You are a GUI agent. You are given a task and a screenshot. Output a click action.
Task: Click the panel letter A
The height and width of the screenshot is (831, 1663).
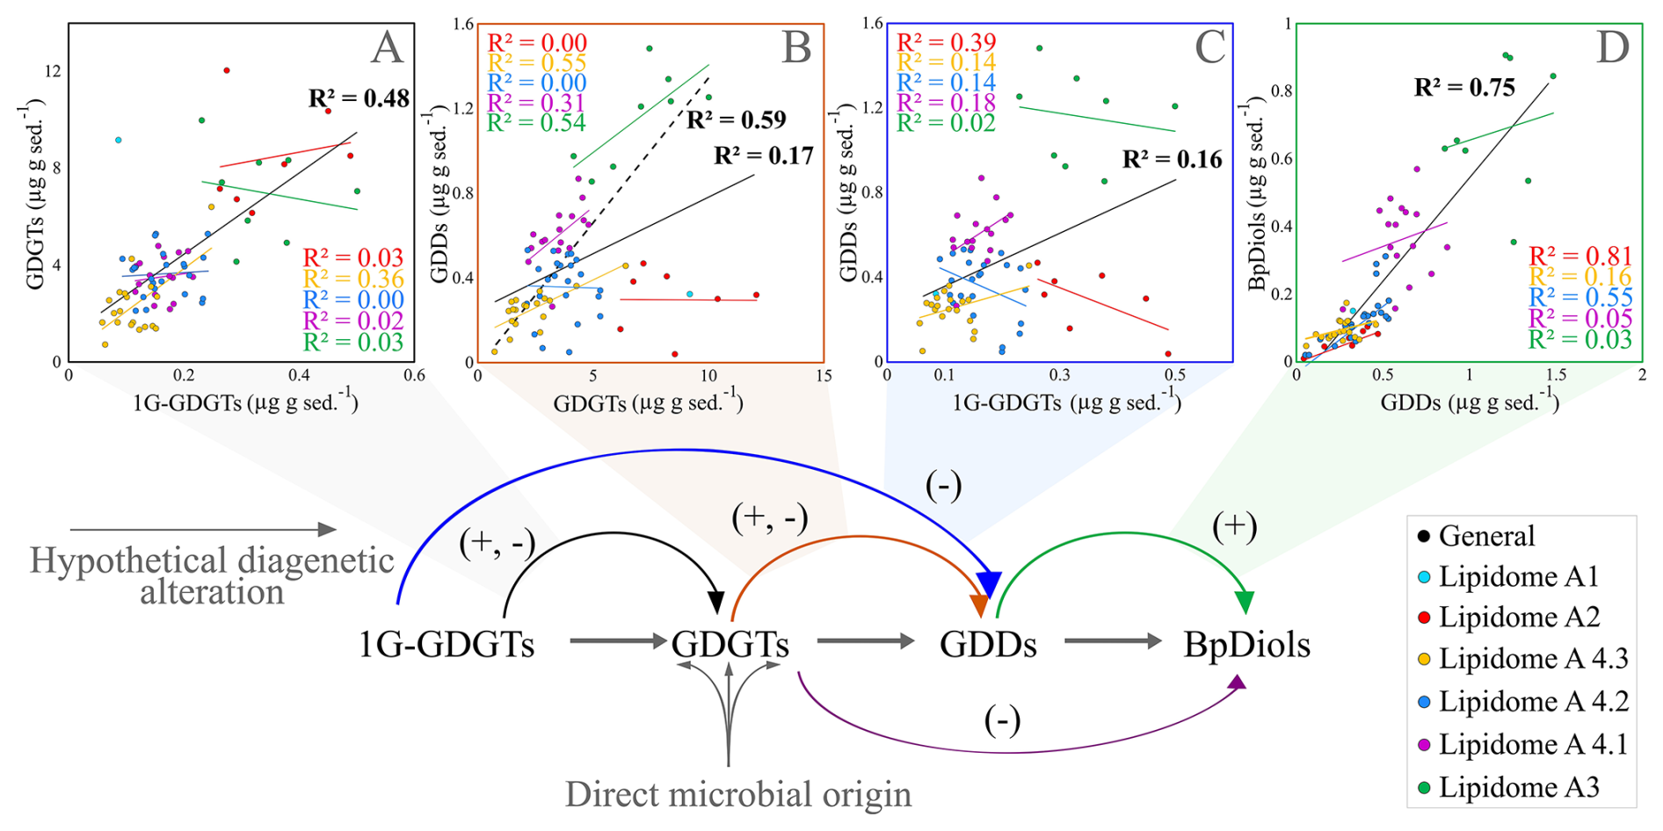click(387, 47)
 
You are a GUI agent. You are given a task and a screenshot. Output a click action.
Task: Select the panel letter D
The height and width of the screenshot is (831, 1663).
click(1613, 47)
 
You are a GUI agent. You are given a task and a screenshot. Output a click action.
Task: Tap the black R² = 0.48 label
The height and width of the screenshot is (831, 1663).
click(359, 98)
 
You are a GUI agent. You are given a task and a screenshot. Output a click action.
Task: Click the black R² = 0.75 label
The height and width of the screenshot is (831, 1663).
click(1464, 88)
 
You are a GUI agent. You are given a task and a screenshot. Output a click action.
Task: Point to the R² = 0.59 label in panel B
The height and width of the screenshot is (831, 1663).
click(737, 119)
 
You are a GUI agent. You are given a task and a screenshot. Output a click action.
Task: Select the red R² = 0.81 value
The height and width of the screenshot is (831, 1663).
click(1580, 257)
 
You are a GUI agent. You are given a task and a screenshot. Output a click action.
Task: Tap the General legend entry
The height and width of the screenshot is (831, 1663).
click(1486, 536)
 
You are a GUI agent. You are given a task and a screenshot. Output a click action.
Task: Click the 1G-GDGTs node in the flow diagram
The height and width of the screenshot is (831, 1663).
click(447, 646)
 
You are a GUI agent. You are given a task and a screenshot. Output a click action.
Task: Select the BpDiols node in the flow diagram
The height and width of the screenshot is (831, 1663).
click(1246, 646)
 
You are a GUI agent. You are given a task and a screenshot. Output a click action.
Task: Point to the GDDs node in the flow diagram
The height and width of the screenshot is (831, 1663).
click(988, 646)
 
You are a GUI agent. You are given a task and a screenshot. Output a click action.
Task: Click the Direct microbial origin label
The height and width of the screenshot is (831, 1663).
click(737, 795)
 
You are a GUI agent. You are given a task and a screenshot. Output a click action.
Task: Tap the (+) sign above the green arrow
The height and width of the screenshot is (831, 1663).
click(1234, 526)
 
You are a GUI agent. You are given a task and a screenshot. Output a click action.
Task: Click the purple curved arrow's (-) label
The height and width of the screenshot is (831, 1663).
click(1002, 721)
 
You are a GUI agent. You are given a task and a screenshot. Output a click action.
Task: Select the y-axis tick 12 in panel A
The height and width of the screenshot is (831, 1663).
click(54, 70)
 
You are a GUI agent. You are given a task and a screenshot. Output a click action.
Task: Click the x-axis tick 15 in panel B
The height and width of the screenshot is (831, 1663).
click(823, 376)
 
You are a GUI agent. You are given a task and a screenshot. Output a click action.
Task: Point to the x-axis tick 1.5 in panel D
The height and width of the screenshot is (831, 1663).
click(1556, 375)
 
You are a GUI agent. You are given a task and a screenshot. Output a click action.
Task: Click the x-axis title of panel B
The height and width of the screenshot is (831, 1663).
click(649, 403)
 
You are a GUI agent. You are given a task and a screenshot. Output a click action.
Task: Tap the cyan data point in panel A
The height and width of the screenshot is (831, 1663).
click(118, 141)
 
